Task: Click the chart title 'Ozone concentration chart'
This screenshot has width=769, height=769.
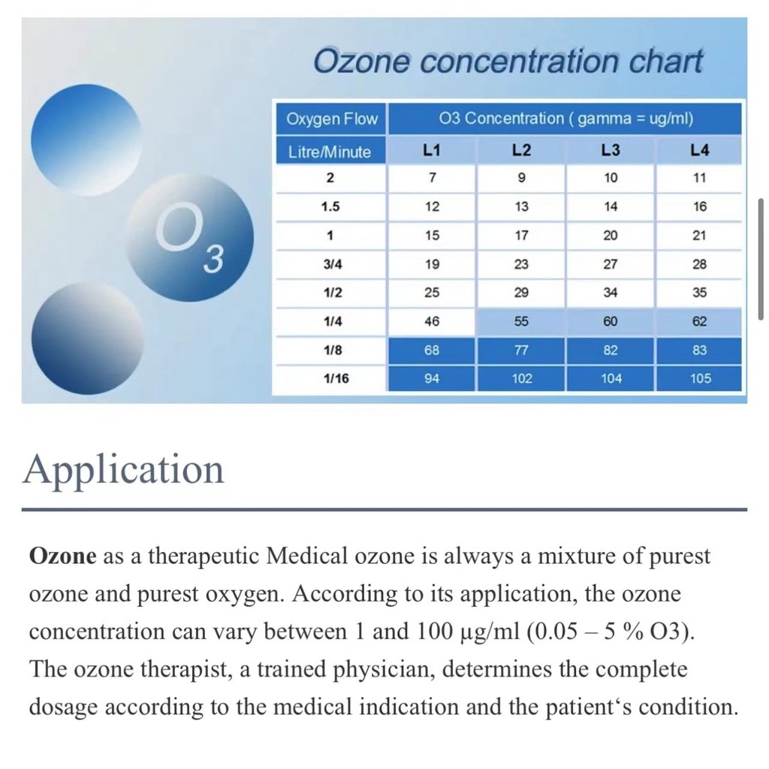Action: (508, 60)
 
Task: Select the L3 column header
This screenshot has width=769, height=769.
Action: (611, 151)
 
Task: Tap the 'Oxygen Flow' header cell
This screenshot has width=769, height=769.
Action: (331, 119)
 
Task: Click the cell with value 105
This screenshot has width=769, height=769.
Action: (700, 378)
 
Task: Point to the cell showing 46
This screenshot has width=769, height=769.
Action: (432, 321)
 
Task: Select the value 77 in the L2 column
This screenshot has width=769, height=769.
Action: (521, 350)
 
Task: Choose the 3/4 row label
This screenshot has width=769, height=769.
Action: (330, 264)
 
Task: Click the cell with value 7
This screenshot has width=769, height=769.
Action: (432, 178)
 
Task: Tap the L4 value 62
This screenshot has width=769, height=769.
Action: (700, 321)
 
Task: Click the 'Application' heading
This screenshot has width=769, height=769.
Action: (124, 469)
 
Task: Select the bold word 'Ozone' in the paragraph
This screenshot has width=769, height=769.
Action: (62, 556)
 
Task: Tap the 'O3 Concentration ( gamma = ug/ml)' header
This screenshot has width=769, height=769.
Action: (565, 119)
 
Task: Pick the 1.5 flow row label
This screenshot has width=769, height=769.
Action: (330, 207)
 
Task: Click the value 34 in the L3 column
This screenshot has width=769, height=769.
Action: (611, 293)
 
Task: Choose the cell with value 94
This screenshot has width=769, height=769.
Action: (432, 378)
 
